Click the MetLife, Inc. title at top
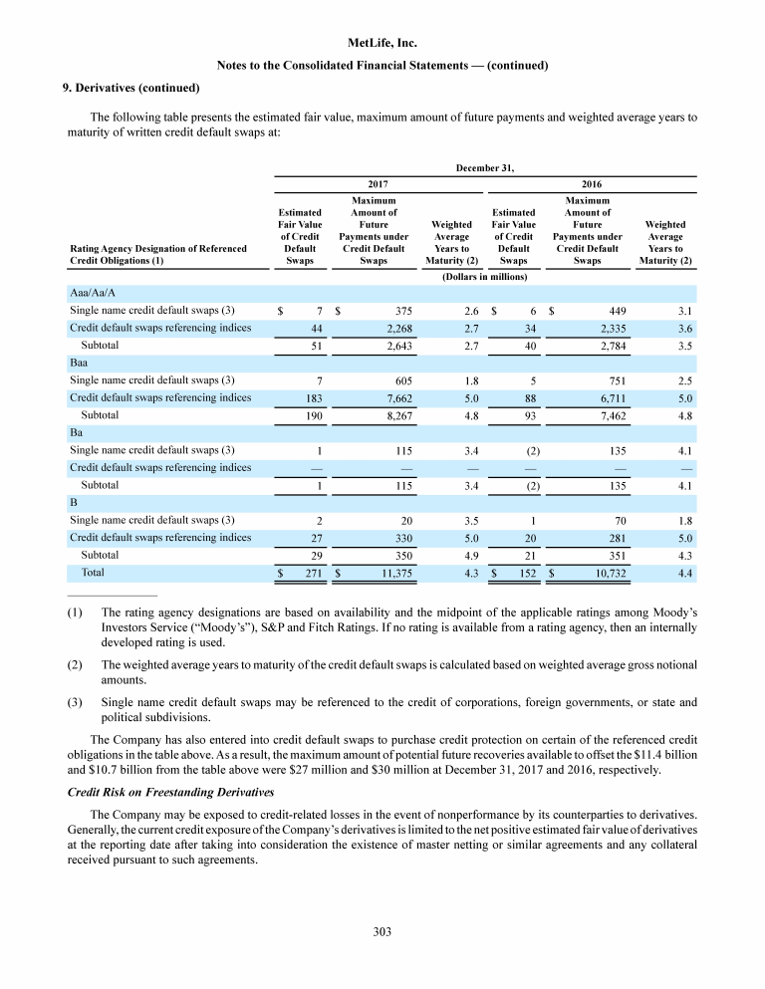[382, 43]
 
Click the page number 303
[382, 931]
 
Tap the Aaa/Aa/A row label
[93, 292]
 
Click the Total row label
[92, 573]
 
